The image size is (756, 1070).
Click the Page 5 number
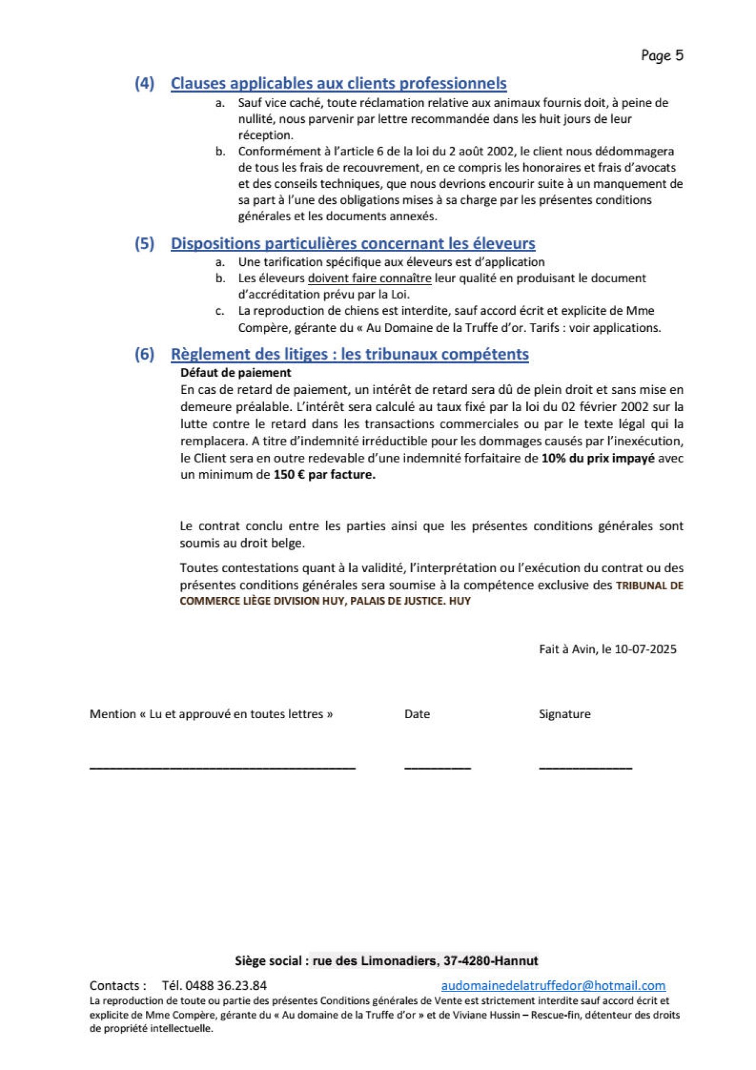coord(662,56)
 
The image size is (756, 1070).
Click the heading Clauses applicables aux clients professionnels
coord(338,83)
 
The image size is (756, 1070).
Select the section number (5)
coord(144,243)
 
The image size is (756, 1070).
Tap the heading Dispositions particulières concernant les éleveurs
coord(353,243)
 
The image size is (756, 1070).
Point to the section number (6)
coord(144,354)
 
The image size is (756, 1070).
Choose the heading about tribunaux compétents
coord(350,354)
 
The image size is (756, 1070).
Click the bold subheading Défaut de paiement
coord(236,373)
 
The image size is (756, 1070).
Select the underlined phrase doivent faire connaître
coord(370,278)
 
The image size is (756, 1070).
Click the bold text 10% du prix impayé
coord(598,458)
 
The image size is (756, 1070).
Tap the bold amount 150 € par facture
coord(324,475)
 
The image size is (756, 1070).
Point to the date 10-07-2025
coord(646,649)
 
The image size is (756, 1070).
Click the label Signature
coord(565,714)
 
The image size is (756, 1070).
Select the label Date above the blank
coord(417,714)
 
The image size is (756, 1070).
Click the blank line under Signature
coord(585,767)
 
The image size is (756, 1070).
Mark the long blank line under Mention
coord(222,767)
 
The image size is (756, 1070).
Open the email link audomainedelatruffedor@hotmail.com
coord(553,986)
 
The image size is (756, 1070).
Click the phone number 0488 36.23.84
coord(226,986)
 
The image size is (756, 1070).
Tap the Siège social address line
coord(386,961)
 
